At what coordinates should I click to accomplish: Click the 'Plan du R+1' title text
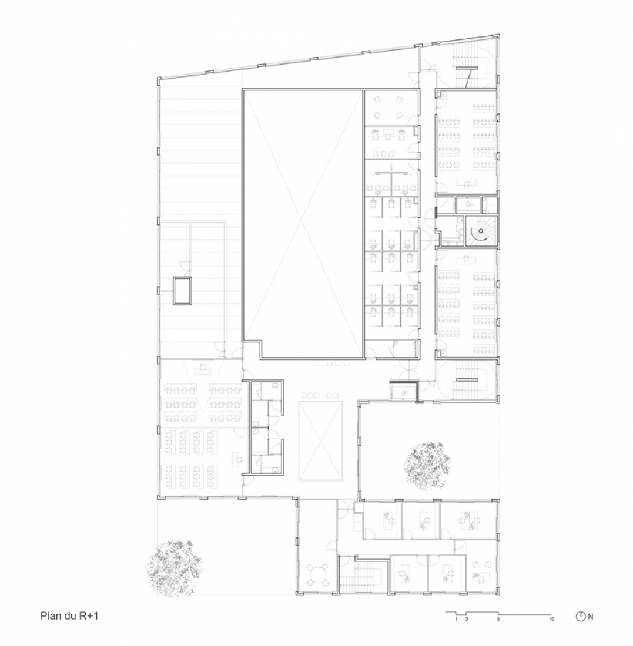69,616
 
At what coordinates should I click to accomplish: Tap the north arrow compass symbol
581,616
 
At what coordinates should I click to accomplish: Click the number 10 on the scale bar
552,619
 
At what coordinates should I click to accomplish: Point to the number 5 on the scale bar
498,619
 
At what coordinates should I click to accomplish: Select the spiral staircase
481,231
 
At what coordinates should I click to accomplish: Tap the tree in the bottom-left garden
173,567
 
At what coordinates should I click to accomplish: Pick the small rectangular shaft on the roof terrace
182,291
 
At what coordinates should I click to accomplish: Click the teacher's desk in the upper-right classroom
467,182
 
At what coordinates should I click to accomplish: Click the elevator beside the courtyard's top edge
403,391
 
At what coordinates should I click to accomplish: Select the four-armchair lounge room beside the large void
388,107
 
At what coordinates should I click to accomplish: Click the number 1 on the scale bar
456,619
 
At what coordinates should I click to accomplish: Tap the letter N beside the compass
591,617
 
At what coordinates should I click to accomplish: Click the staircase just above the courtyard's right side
467,380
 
